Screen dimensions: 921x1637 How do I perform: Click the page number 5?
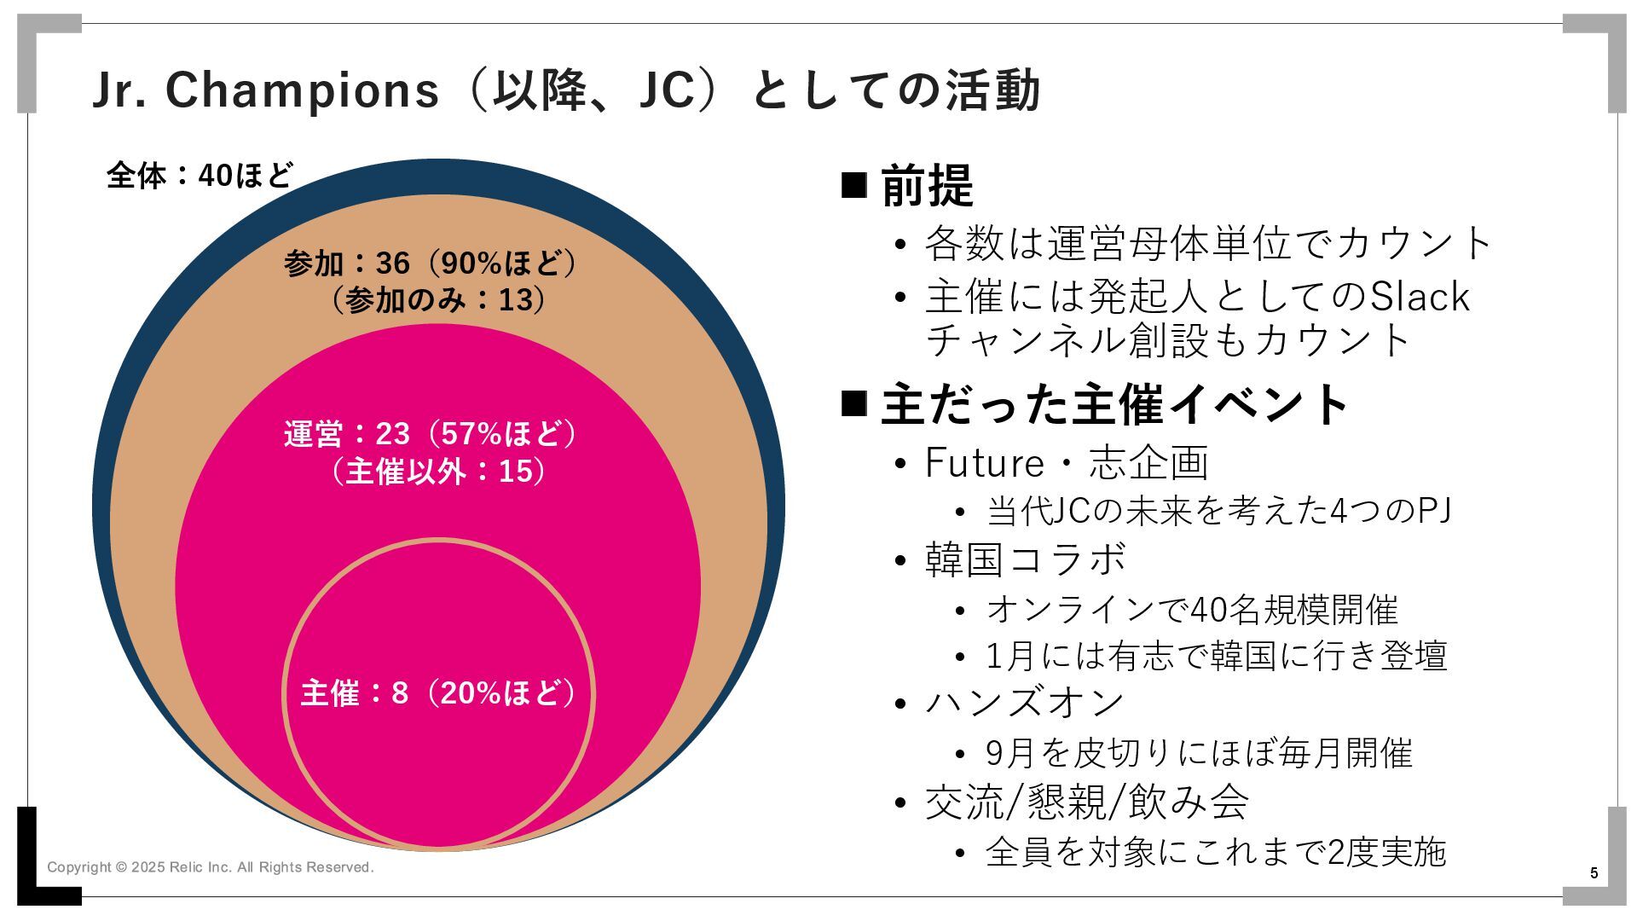click(1594, 873)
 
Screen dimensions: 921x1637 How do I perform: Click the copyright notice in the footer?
click(210, 867)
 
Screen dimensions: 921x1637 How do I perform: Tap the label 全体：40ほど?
click(200, 176)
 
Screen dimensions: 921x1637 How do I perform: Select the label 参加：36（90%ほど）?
click(431, 263)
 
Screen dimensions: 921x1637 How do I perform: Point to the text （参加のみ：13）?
click(437, 300)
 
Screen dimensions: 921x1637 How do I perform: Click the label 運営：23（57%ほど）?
click(431, 433)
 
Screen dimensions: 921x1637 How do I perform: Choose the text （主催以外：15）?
click(437, 471)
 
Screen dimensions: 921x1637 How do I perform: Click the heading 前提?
click(927, 186)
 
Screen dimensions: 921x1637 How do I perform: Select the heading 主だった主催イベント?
click(1114, 404)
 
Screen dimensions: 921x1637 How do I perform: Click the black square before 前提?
click(853, 184)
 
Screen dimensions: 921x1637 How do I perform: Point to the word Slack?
click(1420, 297)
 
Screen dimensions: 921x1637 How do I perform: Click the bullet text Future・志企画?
click(1066, 463)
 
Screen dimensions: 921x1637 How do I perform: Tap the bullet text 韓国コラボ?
click(1026, 560)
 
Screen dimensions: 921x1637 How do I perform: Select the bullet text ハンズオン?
click(1025, 704)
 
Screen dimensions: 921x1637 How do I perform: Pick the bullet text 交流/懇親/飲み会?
click(1087, 802)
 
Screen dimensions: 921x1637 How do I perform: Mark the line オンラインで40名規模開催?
click(1192, 610)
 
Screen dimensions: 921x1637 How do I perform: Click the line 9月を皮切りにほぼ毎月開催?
click(1199, 753)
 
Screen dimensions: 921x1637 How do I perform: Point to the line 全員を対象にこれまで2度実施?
click(1216, 852)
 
